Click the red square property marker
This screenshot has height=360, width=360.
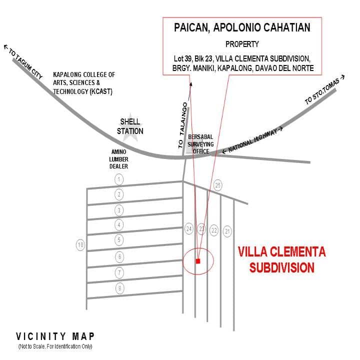tap(198, 261)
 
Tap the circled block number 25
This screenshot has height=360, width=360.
tap(217, 185)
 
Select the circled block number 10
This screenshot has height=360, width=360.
tap(80, 245)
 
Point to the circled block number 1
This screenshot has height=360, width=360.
tap(119, 179)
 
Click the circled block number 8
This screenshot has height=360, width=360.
tap(119, 288)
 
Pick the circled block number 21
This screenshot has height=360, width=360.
tap(227, 231)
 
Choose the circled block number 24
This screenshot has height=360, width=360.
tap(189, 229)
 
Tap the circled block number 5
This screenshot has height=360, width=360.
tap(119, 240)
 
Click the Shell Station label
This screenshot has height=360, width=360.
tap(130, 126)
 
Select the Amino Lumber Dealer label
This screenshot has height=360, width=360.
tap(118, 159)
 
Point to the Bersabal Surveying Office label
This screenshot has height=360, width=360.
tap(200, 144)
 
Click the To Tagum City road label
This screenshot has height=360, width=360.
tap(23, 61)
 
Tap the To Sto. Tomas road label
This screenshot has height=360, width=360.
tap(324, 90)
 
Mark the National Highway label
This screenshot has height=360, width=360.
tap(252, 140)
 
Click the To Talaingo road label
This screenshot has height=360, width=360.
tap(183, 125)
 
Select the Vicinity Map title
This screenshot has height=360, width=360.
tap(55, 336)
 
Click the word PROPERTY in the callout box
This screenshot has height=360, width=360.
tap(242, 44)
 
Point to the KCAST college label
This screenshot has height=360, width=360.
tap(84, 83)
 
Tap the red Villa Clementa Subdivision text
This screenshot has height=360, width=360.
tap(282, 259)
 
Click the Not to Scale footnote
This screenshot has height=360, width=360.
tap(55, 346)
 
